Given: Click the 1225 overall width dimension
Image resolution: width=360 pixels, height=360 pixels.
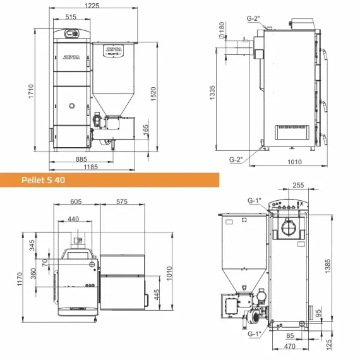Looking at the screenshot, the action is (x=92, y=6).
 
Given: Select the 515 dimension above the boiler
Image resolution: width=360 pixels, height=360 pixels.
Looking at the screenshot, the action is (x=71, y=17).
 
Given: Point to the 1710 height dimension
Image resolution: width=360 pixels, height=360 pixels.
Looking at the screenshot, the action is (x=31, y=92).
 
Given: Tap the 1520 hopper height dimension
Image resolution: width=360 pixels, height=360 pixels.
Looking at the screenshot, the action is (x=153, y=94).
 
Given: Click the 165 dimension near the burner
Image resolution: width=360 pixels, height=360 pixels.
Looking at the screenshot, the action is (x=146, y=130).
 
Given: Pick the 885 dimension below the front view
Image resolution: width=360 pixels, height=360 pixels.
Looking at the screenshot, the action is (x=81, y=159).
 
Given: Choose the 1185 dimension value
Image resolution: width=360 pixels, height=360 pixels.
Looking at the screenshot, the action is (x=91, y=167).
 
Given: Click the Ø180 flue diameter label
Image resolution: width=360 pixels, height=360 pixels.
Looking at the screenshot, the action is (x=222, y=30).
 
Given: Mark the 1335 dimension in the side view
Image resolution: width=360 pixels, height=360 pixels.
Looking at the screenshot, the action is (x=212, y=92).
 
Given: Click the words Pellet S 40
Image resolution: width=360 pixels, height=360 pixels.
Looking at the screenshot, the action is (x=43, y=180).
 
